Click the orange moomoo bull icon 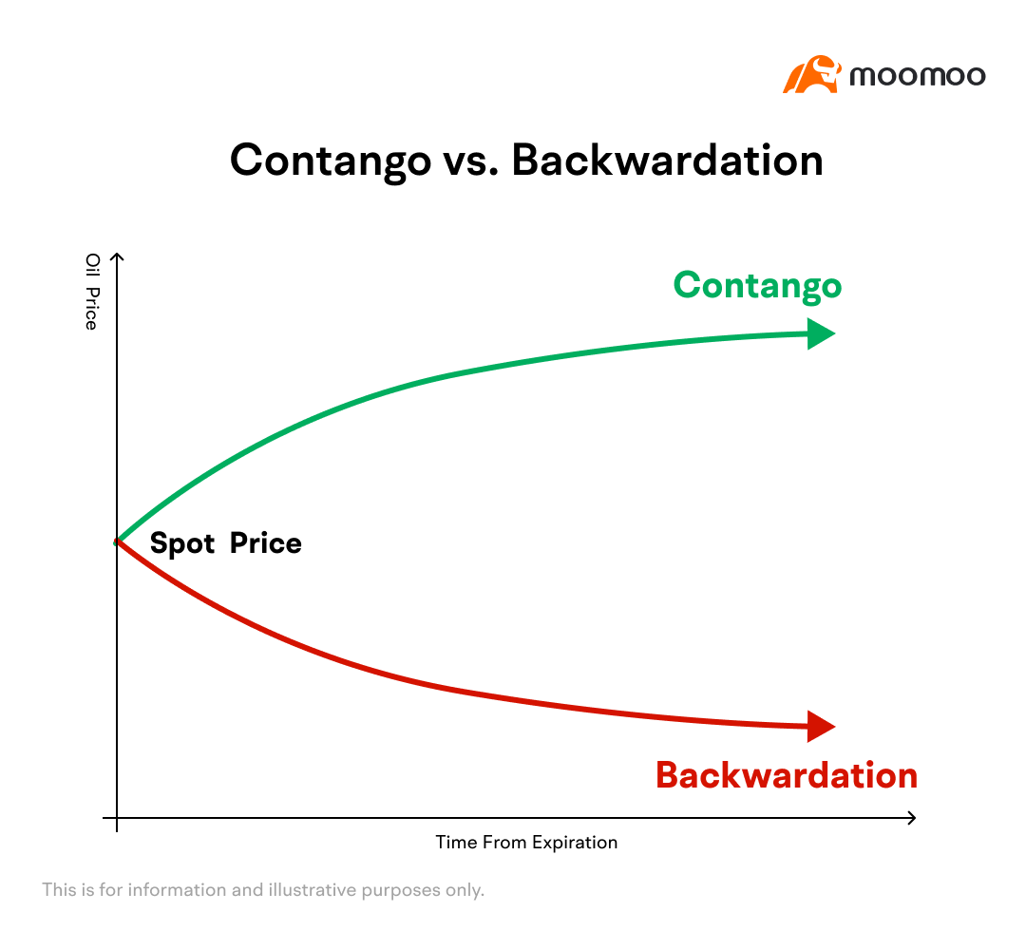[x=811, y=74]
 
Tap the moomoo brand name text [x=918, y=76]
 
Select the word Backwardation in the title [x=667, y=161]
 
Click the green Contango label [x=758, y=287]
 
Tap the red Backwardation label [x=787, y=775]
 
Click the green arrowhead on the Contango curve [x=821, y=333]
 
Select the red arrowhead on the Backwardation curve [x=821, y=726]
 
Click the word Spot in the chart [x=182, y=544]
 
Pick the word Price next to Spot [x=266, y=543]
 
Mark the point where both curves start [x=117, y=541]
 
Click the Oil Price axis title [x=92, y=292]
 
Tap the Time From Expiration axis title [x=526, y=842]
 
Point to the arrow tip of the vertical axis [x=117, y=254]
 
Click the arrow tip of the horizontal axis [x=916, y=818]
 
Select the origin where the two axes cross [x=117, y=818]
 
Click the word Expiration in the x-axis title [x=575, y=843]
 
